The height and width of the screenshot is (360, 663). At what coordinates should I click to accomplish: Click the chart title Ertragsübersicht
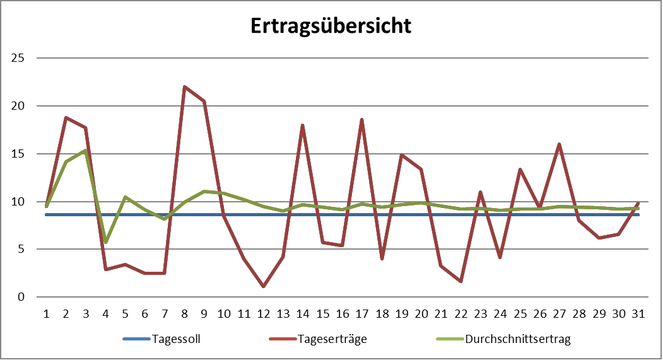(331, 26)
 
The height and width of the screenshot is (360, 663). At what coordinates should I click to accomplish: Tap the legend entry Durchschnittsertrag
(517, 339)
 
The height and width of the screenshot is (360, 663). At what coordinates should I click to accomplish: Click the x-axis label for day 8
(184, 313)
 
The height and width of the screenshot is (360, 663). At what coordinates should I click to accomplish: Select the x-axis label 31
(638, 313)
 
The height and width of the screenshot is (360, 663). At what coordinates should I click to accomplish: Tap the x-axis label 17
(362, 313)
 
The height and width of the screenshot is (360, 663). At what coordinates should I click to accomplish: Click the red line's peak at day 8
(184, 87)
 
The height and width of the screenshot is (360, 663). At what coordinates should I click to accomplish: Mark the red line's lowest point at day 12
(263, 286)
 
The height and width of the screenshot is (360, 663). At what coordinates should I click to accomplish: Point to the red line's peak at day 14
(303, 125)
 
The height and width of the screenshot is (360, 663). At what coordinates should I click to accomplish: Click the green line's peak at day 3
(85, 151)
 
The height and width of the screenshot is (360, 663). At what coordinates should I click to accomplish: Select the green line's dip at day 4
(105, 242)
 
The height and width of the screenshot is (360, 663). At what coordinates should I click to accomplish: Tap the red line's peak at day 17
(362, 120)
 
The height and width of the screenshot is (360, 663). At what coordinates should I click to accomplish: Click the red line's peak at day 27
(560, 144)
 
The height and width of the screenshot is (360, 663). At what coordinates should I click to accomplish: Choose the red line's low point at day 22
(461, 281)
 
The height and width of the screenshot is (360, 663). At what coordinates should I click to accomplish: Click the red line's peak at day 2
(66, 118)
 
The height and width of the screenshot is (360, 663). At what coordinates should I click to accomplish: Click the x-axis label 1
(46, 313)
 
